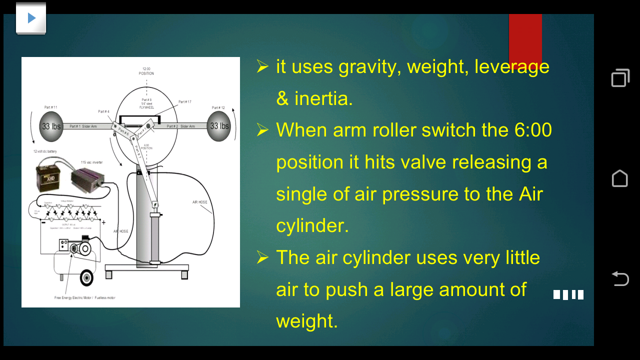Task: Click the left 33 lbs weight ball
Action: pyautogui.click(x=50, y=126)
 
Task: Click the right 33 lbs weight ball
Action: pyautogui.click(x=219, y=126)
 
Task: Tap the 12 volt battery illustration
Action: pyautogui.click(x=49, y=176)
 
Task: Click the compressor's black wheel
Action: pyautogui.click(x=87, y=277)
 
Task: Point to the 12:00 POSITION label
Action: pyautogui.click(x=146, y=71)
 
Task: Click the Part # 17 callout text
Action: pyautogui.click(x=185, y=102)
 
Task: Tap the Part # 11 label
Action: pyautogui.click(x=50, y=107)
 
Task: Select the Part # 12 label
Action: pyautogui.click(x=218, y=107)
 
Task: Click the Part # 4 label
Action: pyautogui.click(x=104, y=111)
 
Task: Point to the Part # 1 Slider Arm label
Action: pyautogui.click(x=83, y=126)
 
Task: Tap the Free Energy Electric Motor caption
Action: pyautogui.click(x=84, y=297)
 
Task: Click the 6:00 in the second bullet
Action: pyautogui.click(x=533, y=130)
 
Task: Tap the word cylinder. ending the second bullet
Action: pyautogui.click(x=312, y=225)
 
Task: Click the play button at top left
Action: pyautogui.click(x=31, y=18)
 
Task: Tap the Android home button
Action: pyautogui.click(x=620, y=178)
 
